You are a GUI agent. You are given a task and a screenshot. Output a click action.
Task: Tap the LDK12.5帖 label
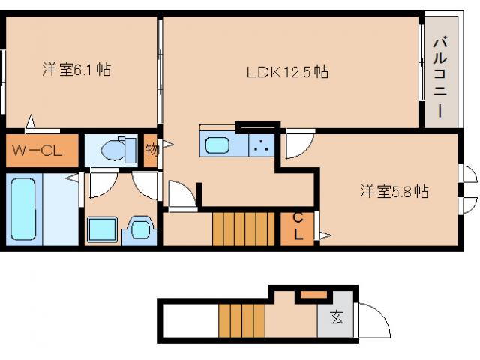288,72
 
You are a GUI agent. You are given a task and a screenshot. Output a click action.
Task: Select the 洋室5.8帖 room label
393,192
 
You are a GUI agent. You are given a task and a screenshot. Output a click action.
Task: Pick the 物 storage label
151,149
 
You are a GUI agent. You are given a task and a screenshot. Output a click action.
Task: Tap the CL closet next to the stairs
298,226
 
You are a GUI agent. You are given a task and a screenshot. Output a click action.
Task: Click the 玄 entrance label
335,317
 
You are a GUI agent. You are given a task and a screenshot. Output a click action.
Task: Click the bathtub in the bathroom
23,208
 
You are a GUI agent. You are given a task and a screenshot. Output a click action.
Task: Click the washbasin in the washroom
139,228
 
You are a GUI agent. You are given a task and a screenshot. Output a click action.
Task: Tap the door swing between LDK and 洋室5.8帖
296,144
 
